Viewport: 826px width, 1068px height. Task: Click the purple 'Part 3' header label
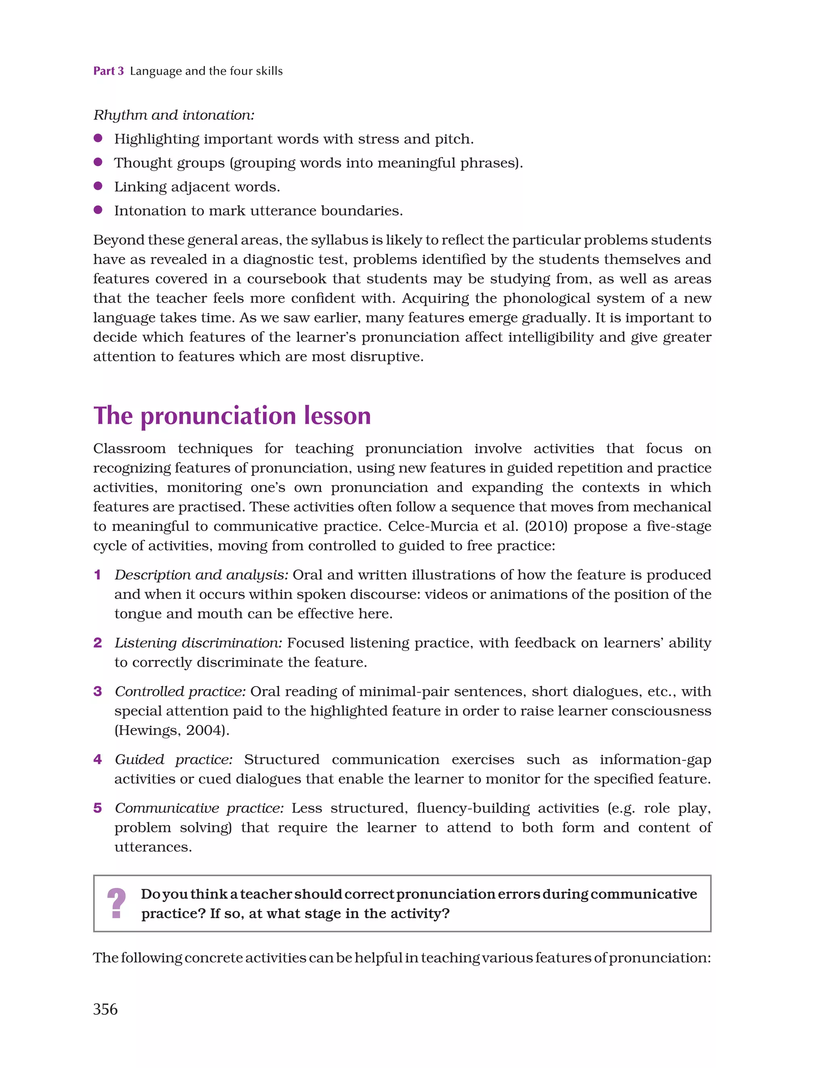tap(108, 71)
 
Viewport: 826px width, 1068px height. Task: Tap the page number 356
tap(105, 1009)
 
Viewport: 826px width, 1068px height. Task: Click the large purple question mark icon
tap(116, 903)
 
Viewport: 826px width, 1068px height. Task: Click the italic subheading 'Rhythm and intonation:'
tap(173, 115)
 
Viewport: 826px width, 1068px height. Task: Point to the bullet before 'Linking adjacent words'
tap(98, 186)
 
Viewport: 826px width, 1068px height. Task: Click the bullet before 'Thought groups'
tap(98, 162)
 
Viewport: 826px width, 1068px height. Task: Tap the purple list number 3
tap(98, 691)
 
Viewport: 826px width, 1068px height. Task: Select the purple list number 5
tap(98, 808)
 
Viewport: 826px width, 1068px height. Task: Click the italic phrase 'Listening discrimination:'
tap(198, 643)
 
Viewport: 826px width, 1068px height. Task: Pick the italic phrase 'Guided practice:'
tap(173, 760)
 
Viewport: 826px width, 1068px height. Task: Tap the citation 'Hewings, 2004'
tap(171, 730)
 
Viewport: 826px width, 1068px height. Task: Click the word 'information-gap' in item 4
tap(655, 760)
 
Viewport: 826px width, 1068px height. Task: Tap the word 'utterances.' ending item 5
tap(153, 847)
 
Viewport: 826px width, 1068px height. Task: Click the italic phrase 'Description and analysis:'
tap(201, 575)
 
